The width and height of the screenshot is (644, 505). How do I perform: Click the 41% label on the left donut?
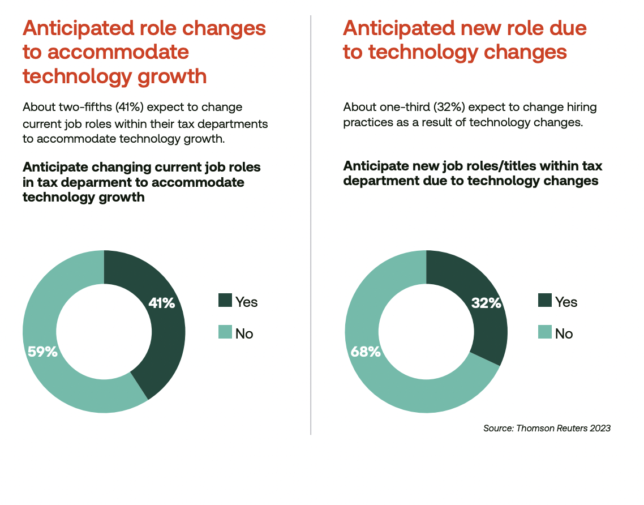(x=161, y=303)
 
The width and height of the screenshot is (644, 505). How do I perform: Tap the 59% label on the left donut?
(x=43, y=352)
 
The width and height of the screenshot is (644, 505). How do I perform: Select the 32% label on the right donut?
(x=487, y=303)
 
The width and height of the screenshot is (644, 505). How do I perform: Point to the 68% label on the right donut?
(x=366, y=352)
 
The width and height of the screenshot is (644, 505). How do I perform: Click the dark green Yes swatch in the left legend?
(x=225, y=301)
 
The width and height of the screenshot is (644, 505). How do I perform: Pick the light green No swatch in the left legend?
(x=225, y=332)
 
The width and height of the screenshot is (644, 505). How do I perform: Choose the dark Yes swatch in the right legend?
(x=545, y=301)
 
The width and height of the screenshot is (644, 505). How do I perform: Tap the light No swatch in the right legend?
(x=545, y=332)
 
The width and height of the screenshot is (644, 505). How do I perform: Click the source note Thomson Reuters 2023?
(x=547, y=428)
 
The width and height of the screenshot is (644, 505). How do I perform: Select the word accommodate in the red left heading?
(x=118, y=52)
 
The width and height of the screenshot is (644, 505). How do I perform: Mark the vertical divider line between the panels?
(x=311, y=226)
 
